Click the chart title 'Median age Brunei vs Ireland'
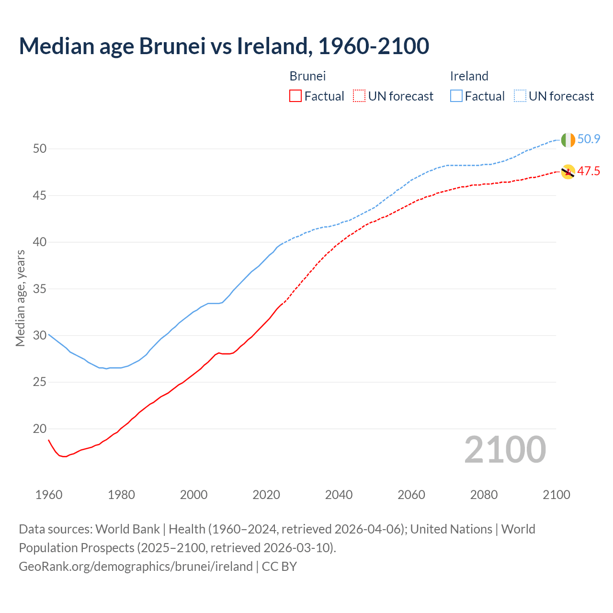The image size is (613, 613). pyautogui.click(x=224, y=46)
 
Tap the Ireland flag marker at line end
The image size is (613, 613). pyautogui.click(x=568, y=140)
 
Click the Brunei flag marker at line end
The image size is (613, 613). pyautogui.click(x=568, y=172)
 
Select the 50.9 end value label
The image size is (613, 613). pyautogui.click(x=589, y=139)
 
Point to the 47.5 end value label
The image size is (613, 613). pyautogui.click(x=589, y=171)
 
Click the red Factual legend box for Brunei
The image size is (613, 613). pyautogui.click(x=295, y=96)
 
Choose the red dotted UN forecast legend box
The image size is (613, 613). pyautogui.click(x=359, y=96)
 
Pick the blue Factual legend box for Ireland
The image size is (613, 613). pyautogui.click(x=456, y=96)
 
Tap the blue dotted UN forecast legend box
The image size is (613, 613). pyautogui.click(x=520, y=96)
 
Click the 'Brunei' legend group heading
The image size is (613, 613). pyautogui.click(x=307, y=76)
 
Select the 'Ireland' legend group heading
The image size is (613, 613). pyautogui.click(x=469, y=76)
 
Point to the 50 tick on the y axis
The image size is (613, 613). pyautogui.click(x=40, y=149)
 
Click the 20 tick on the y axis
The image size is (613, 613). pyautogui.click(x=40, y=429)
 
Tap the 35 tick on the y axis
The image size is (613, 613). pyautogui.click(x=40, y=289)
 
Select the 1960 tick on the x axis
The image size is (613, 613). pyautogui.click(x=49, y=495)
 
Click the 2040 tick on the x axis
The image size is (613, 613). pyautogui.click(x=339, y=495)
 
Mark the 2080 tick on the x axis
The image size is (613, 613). pyautogui.click(x=484, y=495)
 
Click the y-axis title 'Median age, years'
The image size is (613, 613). pyautogui.click(x=20, y=298)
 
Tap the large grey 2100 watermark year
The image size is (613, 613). pyautogui.click(x=505, y=450)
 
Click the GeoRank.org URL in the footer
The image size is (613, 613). pyautogui.click(x=136, y=567)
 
